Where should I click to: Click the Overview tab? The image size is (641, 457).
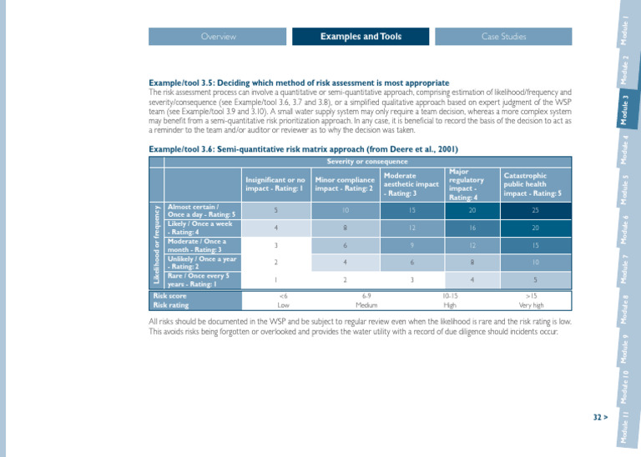219,37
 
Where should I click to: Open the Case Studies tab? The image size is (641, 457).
503,37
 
